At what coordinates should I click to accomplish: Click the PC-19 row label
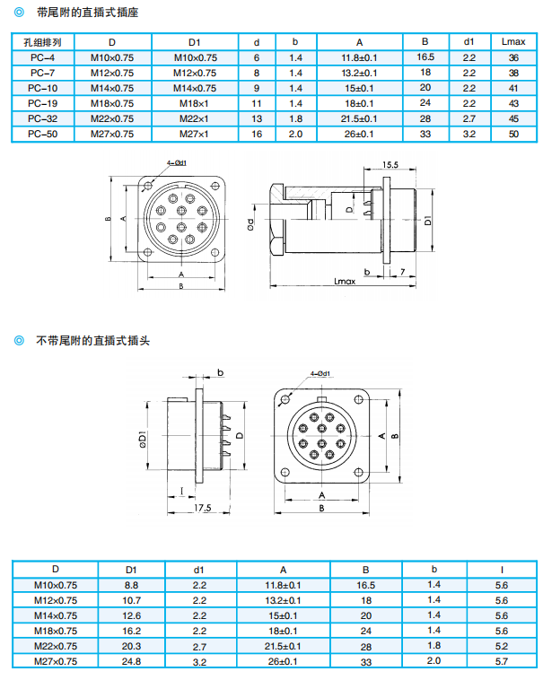42,103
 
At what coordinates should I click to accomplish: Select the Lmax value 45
513,118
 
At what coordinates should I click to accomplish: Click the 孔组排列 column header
42,42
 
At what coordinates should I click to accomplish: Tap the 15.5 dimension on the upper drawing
390,165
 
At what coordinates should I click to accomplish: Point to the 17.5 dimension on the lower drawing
202,509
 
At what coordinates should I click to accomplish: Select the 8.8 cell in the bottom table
131,585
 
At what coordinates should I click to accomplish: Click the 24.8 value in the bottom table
131,661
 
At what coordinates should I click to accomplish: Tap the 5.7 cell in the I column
501,661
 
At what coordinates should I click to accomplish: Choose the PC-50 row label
42,134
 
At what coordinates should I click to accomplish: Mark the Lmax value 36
513,57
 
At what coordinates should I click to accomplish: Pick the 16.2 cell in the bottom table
131,631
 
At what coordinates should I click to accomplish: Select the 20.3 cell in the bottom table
131,646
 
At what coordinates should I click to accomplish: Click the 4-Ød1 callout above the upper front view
176,162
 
